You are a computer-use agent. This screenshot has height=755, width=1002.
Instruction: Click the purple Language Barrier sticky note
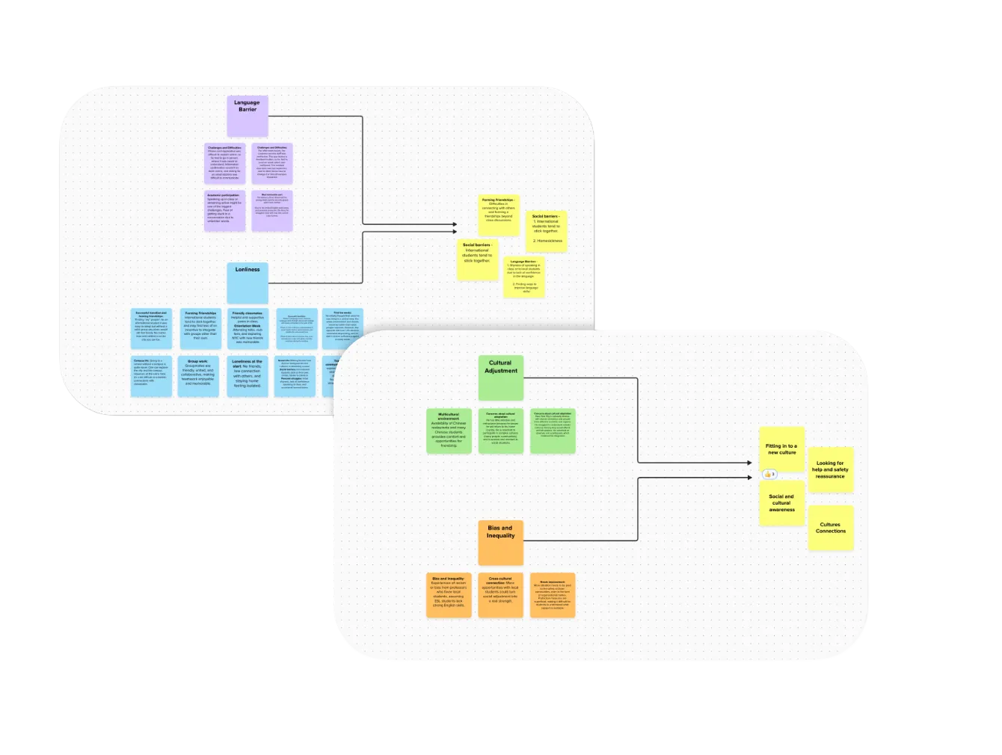click(248, 115)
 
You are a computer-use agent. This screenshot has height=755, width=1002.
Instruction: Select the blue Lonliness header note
click(248, 283)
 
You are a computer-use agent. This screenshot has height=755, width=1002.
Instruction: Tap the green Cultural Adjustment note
click(500, 377)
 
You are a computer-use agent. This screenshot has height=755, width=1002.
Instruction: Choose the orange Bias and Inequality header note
click(500, 542)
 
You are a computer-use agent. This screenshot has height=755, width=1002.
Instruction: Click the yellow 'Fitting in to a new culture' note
click(781, 449)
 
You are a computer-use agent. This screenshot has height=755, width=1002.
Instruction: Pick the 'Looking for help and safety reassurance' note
click(830, 470)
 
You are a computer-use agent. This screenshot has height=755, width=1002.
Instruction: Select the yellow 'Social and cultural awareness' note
click(781, 503)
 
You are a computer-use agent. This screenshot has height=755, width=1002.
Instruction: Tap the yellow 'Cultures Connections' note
click(830, 528)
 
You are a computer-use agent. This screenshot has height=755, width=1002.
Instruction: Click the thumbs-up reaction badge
click(769, 474)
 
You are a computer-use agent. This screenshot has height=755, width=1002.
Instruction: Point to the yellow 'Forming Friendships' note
click(499, 215)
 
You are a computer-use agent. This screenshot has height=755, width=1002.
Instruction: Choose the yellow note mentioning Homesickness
click(546, 230)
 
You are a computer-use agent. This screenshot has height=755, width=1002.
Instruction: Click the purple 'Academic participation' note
click(224, 210)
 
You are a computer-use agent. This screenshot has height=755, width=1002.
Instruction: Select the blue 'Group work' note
click(198, 375)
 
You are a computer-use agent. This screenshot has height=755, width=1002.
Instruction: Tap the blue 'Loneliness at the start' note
click(248, 375)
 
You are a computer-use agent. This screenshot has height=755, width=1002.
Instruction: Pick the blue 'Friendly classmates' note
click(248, 329)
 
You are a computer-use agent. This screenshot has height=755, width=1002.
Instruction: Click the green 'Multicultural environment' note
click(449, 431)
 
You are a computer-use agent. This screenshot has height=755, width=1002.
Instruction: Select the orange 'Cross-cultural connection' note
click(500, 595)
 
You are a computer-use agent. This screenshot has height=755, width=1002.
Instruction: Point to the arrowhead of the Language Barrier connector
click(454, 224)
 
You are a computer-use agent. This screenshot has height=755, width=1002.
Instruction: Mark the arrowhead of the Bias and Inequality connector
click(749, 475)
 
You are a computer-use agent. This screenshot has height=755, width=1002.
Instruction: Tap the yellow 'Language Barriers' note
click(523, 277)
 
